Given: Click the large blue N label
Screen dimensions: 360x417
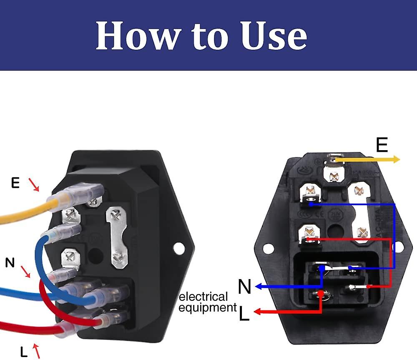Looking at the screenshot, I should [245, 287].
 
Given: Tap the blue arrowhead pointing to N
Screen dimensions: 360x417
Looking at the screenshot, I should [259, 287].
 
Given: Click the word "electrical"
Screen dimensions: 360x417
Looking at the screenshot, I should [203, 297].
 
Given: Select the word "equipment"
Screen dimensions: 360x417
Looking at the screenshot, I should [208, 308].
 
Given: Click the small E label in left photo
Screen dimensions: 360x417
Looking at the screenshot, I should [15, 183].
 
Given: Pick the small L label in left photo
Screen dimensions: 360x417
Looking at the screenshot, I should [24, 351].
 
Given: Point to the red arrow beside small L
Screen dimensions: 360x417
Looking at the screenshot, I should [36, 350].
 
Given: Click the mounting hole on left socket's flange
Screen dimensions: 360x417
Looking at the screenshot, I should [178, 248].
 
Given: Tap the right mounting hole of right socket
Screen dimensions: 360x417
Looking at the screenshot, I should [399, 247].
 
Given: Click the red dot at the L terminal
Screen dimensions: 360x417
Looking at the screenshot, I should [321, 293].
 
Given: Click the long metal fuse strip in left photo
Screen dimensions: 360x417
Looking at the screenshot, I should [117, 238].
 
